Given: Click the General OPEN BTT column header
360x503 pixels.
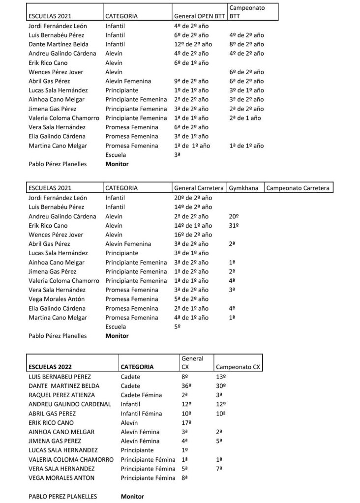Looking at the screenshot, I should (x=199, y=16).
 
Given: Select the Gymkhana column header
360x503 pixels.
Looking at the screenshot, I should (x=244, y=188).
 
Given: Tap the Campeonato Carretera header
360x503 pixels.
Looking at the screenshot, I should (x=298, y=188).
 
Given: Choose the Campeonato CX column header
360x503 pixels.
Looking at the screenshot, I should (x=238, y=367).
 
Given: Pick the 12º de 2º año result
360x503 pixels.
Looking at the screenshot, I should (x=191, y=44).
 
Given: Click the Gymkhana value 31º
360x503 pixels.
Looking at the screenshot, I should (x=234, y=225).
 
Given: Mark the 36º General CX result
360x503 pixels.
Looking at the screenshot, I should (x=186, y=386).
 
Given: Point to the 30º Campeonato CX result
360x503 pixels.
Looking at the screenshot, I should (x=221, y=386).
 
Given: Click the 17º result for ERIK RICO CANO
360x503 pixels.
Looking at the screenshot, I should (x=186, y=422).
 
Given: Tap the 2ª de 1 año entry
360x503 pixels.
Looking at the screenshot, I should (x=245, y=118).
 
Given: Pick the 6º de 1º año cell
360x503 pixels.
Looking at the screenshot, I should (x=191, y=63).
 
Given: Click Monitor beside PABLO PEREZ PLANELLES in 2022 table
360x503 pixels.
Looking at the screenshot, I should (x=132, y=497).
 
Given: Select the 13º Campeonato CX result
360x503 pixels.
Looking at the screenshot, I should (x=221, y=377).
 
